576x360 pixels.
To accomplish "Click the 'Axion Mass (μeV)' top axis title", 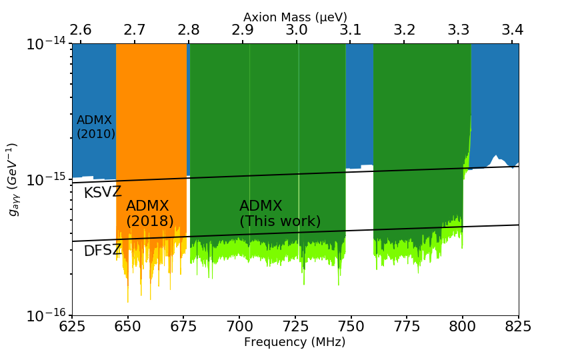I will [x=295, y=17].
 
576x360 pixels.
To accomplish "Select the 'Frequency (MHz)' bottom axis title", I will [x=295, y=342].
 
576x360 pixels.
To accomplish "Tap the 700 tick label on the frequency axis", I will [x=239, y=327].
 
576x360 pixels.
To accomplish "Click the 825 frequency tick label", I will [x=519, y=327].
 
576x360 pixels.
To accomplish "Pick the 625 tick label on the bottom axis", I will [x=72, y=327].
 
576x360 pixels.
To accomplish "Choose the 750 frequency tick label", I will [x=351, y=327].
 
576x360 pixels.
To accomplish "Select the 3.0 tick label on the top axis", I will [x=296, y=30].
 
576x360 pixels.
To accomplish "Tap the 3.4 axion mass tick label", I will [x=512, y=30].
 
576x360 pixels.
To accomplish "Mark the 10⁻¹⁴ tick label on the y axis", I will [x=45, y=45].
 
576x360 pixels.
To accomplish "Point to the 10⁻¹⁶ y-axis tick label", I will [x=45, y=315].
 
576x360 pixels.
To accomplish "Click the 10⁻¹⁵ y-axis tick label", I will [x=45, y=180].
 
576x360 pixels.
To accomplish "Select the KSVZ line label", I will [x=103, y=193].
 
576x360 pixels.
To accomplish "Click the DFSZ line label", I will [x=103, y=251].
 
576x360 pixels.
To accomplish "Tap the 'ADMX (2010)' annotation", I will [x=95, y=127].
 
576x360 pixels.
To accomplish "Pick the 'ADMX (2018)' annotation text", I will [x=149, y=213].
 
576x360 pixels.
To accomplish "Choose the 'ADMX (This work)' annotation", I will [x=280, y=213].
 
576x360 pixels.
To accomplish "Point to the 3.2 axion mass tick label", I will [x=404, y=30].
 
